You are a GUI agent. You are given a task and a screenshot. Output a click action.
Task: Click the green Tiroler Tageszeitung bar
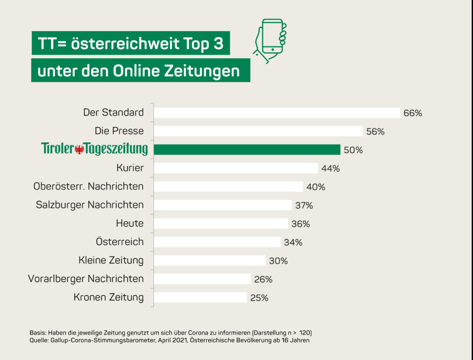(247, 150)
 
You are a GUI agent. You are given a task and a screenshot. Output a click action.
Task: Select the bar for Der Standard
(277, 113)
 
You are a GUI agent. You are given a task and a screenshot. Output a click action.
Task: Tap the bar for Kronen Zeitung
(200, 298)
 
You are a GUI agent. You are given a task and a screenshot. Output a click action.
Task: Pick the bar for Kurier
(236, 168)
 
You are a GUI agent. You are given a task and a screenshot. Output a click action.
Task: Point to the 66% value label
(412, 113)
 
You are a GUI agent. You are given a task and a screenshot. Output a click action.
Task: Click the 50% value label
(353, 150)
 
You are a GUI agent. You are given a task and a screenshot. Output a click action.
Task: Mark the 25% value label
(259, 298)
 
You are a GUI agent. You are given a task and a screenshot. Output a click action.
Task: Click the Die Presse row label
(119, 131)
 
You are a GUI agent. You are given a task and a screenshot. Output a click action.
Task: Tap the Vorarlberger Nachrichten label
(86, 279)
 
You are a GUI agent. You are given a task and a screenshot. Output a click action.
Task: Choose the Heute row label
(130, 223)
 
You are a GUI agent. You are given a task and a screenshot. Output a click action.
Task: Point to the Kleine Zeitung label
(111, 260)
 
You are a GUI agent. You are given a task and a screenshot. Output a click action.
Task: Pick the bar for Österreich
(217, 242)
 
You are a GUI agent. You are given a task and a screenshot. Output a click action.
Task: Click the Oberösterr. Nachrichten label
(88, 186)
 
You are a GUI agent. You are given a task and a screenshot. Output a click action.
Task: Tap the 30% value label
(279, 261)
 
